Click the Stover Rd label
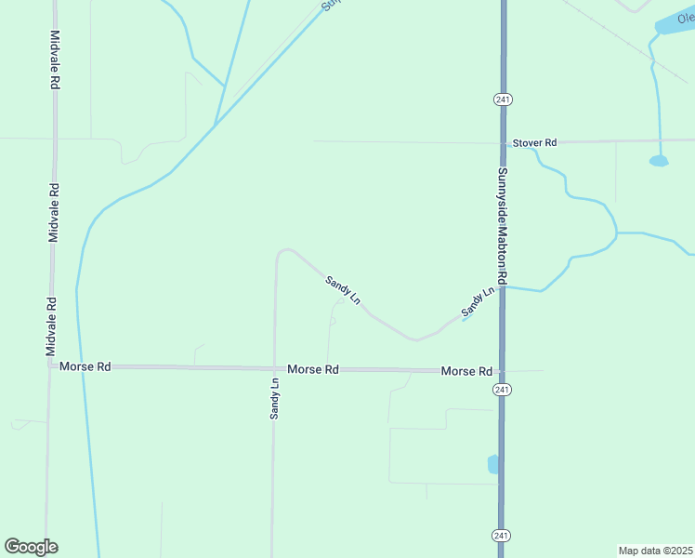pos(534,142)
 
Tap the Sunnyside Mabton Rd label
pos(501,226)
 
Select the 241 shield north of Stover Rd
pos(502,100)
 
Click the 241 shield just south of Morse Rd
pos(502,389)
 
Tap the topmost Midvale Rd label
pos(55,60)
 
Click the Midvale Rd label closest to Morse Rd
pos(52,326)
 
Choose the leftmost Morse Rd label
pos(85,367)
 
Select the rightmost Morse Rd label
pos(466,371)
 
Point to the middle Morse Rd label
pos(312,369)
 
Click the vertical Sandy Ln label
pos(275,397)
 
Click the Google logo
pos(31,547)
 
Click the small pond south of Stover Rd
pos(659,161)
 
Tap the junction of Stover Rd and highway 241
pos(502,142)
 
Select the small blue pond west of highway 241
pos(492,464)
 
